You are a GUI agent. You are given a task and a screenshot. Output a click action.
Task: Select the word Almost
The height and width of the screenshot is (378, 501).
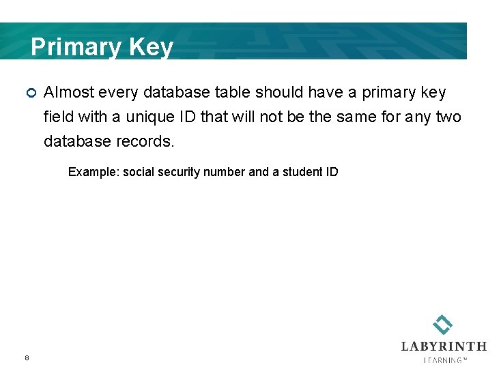68,92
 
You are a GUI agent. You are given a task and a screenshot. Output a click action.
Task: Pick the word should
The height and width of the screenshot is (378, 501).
280,92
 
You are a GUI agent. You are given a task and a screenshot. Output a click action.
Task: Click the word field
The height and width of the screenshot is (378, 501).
58,117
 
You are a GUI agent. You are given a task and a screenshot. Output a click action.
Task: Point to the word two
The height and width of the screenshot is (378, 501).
448,117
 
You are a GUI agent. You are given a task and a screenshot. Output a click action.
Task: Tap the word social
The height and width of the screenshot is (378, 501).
139,172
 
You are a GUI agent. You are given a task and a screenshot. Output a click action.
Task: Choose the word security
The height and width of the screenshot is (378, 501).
180,172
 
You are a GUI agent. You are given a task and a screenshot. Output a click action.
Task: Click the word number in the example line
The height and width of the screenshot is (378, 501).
226,172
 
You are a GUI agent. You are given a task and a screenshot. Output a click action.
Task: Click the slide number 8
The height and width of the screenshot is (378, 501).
27,358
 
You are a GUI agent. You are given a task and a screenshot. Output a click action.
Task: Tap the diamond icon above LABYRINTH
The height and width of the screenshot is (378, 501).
443,325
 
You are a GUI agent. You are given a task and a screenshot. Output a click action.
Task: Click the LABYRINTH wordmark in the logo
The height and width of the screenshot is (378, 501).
444,347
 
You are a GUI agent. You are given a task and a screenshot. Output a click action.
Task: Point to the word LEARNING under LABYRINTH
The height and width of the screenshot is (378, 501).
444,360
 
